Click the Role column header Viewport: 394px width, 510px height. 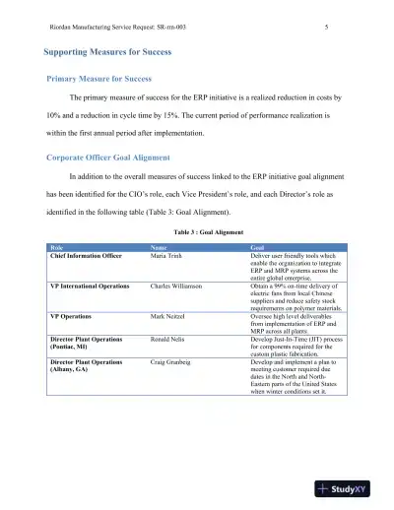pyautogui.click(x=58, y=246)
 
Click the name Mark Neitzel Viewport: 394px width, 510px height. pyautogui.click(x=169, y=315)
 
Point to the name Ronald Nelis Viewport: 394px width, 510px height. pyautogui.click(x=170, y=338)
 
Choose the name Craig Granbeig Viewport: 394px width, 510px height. pyautogui.click(x=173, y=361)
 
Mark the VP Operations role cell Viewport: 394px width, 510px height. pyautogui.click(x=71, y=315)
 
